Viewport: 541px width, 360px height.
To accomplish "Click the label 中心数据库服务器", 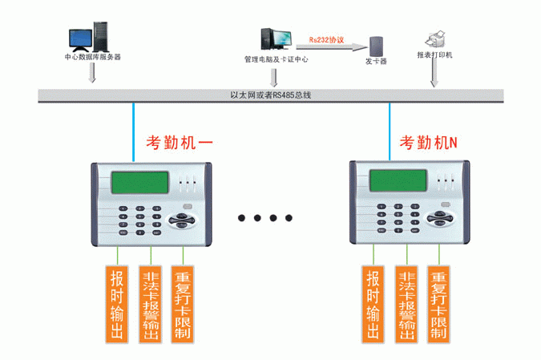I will point(92,58).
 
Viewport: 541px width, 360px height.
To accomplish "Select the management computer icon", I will point(276,40).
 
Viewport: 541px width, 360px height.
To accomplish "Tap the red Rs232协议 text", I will point(325,38).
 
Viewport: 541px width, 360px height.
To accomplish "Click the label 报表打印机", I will point(434,55).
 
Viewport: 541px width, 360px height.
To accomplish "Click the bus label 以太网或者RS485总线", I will point(269,95).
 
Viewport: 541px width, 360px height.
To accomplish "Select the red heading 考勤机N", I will point(427,143).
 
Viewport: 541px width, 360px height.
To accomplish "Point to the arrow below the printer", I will point(434,74).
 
